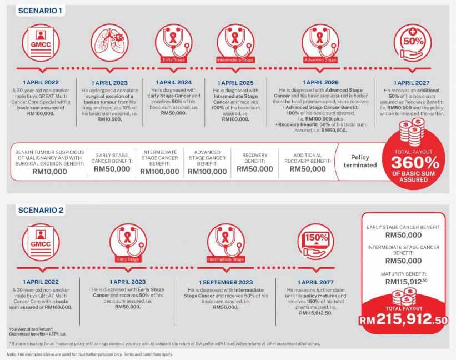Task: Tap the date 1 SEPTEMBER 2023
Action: [x=226, y=282]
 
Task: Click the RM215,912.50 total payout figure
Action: [x=403, y=319]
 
